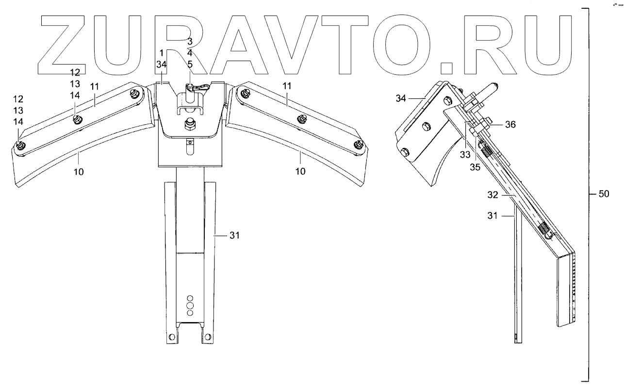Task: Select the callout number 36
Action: (x=509, y=125)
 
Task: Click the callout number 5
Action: (x=190, y=63)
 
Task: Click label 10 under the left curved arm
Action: (x=79, y=172)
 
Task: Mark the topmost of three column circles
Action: (x=190, y=298)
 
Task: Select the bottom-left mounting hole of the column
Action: (x=171, y=337)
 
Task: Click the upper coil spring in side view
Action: (x=487, y=152)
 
